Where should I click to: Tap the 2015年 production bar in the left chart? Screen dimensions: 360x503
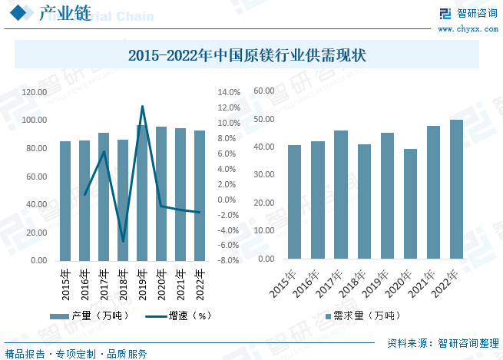point(65,201)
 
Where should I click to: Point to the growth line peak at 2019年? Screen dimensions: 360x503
point(142,107)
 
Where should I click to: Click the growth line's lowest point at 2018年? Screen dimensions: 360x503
point(123,242)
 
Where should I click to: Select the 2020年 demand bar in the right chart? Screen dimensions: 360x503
point(410,205)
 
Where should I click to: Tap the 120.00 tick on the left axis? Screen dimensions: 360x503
point(35,92)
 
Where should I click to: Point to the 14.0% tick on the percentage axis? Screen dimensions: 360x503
point(230,92)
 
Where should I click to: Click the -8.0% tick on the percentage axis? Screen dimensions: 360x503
point(230,261)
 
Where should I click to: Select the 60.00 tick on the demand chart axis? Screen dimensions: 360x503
point(264,91)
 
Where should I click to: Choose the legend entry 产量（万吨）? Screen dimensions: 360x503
point(89,315)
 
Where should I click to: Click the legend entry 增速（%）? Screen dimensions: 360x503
point(177,315)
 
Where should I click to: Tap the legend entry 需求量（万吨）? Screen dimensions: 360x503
point(362,315)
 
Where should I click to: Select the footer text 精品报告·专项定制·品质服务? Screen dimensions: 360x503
point(77,353)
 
